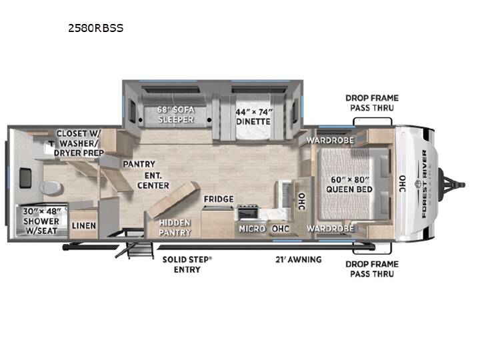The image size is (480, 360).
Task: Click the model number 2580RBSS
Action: pos(95,28)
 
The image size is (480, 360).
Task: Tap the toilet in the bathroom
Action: pos(51,188)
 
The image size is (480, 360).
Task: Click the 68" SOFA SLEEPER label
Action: pos(175,115)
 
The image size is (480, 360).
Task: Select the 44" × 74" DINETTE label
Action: pos(253,117)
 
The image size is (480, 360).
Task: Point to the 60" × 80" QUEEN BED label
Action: pos(349,185)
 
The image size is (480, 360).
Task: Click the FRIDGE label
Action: pos(219,199)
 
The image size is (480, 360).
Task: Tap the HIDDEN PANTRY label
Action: pos(175,227)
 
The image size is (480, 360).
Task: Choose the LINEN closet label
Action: pos(84,225)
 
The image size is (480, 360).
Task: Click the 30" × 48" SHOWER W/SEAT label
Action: pos(41,221)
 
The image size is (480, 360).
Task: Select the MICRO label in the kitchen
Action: pos(252,229)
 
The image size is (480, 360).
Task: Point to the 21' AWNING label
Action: pos(299,259)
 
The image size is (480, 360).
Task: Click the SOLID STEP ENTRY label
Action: pos(187,265)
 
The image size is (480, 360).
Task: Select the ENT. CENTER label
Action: pos(153,180)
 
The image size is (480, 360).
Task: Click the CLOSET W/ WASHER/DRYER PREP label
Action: pos(79,143)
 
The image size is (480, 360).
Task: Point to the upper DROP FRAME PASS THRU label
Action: pos(372,103)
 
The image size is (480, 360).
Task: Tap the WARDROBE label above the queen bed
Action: pos(330,140)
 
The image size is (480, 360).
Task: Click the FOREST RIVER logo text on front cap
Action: pos(424,184)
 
